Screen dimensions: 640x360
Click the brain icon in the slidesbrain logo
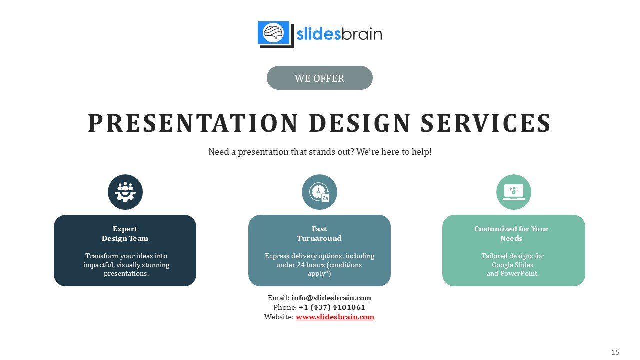point(273,33)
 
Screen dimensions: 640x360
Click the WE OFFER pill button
point(319,78)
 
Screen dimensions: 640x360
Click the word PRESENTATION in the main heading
point(193,123)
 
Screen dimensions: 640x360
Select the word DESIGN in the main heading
point(360,123)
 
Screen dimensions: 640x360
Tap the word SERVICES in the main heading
point(486,123)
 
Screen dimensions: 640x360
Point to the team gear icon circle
point(125,192)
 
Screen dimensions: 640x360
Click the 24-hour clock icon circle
point(319,192)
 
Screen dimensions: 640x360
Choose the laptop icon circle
point(514,192)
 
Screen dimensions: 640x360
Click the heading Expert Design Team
point(125,233)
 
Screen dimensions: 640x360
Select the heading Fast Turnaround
point(319,233)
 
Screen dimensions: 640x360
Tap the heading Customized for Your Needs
point(511,233)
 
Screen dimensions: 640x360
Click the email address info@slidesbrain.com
point(331,298)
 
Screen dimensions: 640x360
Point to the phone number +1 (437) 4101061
point(332,307)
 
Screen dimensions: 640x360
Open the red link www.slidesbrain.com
point(335,317)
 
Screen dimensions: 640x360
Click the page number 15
point(615,352)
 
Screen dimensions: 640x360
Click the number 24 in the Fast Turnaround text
point(301,265)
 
